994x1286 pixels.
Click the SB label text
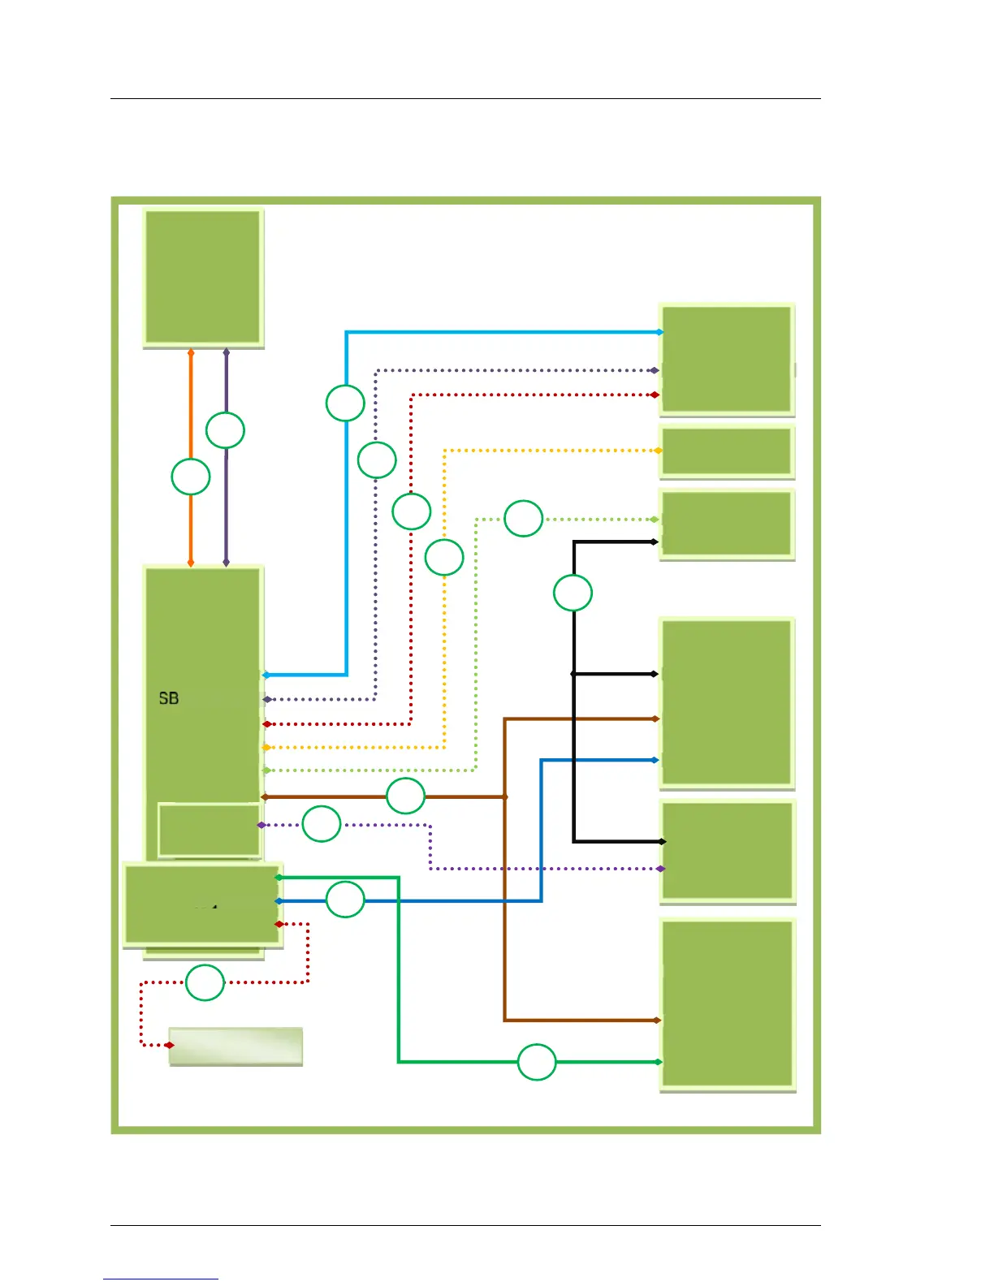(x=169, y=698)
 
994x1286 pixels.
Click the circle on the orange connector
(x=191, y=477)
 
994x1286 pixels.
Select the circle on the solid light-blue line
(x=345, y=403)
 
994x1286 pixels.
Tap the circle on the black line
(x=573, y=593)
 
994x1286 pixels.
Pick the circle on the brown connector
(x=405, y=796)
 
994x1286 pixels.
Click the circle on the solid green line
(x=537, y=1062)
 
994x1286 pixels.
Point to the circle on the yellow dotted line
(x=444, y=558)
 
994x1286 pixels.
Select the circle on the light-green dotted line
(x=523, y=518)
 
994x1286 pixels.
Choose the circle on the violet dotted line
(x=322, y=824)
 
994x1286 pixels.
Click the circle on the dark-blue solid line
(x=345, y=900)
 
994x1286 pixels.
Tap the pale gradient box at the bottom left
(x=236, y=1046)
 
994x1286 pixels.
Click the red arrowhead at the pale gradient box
(x=169, y=1045)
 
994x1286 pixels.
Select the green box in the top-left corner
(x=203, y=277)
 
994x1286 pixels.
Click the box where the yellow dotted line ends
(x=726, y=451)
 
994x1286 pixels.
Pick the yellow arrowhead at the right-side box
(x=658, y=451)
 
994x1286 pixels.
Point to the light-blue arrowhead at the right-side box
(x=659, y=332)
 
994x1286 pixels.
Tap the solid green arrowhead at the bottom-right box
(x=658, y=1062)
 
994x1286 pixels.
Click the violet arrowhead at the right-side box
(x=660, y=869)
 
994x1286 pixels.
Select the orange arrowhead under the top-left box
(x=191, y=353)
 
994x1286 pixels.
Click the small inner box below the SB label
(x=210, y=830)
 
